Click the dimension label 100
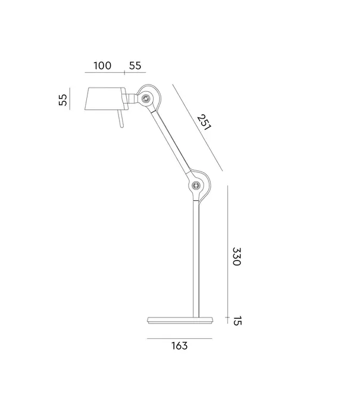point(102,66)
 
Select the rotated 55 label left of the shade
point(62,99)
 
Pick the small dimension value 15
point(236,321)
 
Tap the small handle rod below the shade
point(121,121)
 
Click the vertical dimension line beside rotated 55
point(70,98)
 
